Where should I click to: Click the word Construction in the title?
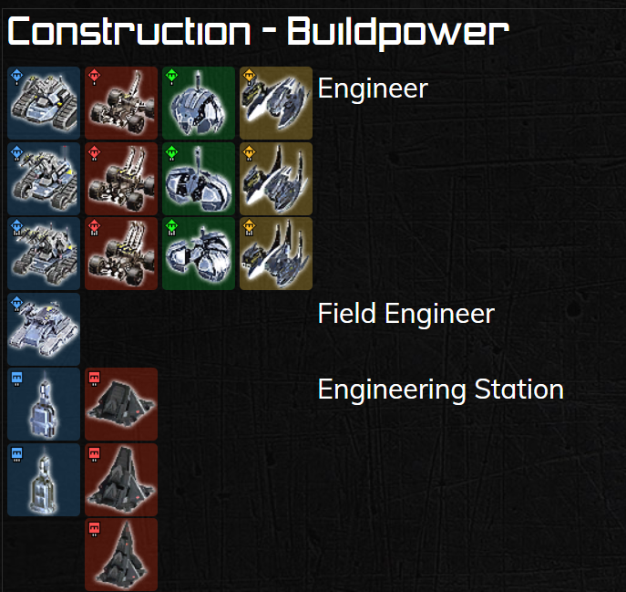[128, 32]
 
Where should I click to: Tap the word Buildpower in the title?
[397, 32]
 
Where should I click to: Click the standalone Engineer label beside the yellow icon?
[373, 88]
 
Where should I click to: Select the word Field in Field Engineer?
[347, 314]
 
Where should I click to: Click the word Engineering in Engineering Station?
[392, 389]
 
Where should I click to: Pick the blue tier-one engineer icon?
[44, 103]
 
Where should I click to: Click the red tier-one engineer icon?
[121, 103]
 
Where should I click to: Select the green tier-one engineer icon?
[199, 103]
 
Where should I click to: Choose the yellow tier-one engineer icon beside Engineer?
[276, 103]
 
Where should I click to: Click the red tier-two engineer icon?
[121, 178]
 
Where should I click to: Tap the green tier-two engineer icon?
[199, 178]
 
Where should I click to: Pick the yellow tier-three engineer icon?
[276, 254]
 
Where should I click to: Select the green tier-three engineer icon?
[199, 254]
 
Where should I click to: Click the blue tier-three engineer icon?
[44, 254]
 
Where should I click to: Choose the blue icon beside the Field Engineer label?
[44, 328]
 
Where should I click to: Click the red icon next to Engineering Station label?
[121, 404]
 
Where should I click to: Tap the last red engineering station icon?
[121, 555]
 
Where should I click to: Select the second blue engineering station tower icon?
[44, 480]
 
